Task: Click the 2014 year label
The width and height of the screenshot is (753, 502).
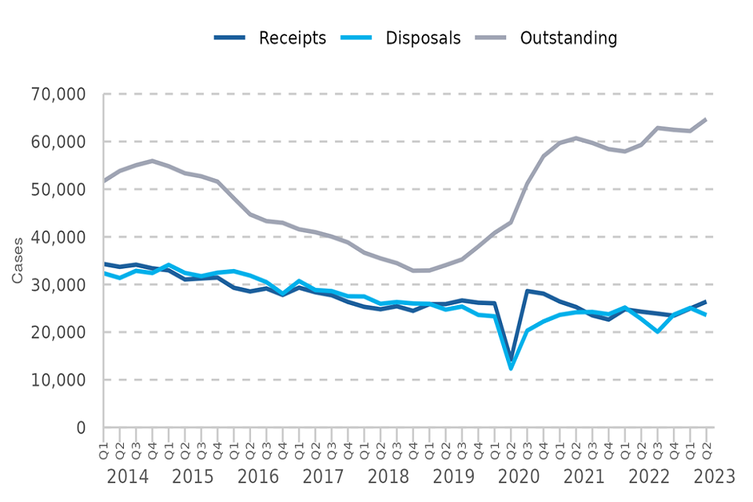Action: click(127, 476)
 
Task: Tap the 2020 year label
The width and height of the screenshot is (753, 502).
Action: click(518, 476)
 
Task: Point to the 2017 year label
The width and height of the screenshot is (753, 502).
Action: click(322, 476)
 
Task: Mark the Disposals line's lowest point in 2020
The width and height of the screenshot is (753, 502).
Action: click(511, 368)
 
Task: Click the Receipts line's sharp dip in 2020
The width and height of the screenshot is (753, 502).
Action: click(511, 359)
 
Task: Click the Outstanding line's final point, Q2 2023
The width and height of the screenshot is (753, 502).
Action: click(706, 119)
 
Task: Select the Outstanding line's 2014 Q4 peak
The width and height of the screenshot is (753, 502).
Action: click(152, 161)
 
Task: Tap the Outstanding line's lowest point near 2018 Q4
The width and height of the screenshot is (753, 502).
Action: click(413, 271)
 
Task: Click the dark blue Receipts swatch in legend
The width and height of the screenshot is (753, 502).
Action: click(230, 38)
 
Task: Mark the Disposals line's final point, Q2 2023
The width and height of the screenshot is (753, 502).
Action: click(706, 315)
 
